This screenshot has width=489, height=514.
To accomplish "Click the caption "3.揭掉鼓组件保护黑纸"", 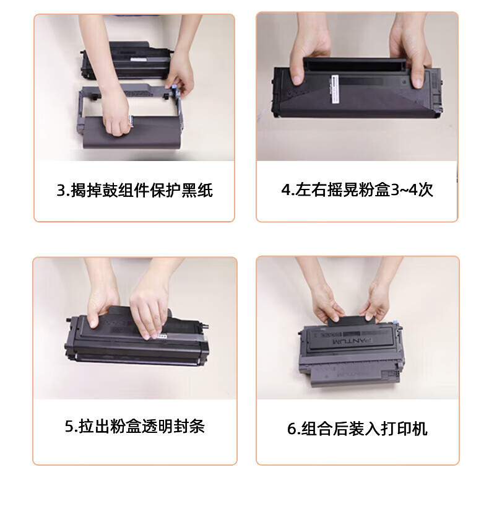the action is [x=134, y=191].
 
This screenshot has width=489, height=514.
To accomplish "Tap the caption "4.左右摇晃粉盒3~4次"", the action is [x=357, y=189].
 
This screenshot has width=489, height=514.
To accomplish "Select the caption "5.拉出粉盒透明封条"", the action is [x=135, y=426].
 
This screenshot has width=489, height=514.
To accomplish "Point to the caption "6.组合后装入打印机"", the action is [x=357, y=429].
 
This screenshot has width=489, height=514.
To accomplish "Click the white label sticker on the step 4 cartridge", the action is [x=335, y=89].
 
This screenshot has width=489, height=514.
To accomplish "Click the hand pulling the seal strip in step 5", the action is [x=150, y=311].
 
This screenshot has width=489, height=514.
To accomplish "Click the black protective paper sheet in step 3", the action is [x=131, y=133].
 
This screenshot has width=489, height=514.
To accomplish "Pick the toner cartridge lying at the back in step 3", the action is [x=127, y=61].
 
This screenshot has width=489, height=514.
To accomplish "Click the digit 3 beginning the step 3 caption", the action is [x=61, y=191].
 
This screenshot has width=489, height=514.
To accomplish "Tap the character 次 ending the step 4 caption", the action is [x=425, y=189].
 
